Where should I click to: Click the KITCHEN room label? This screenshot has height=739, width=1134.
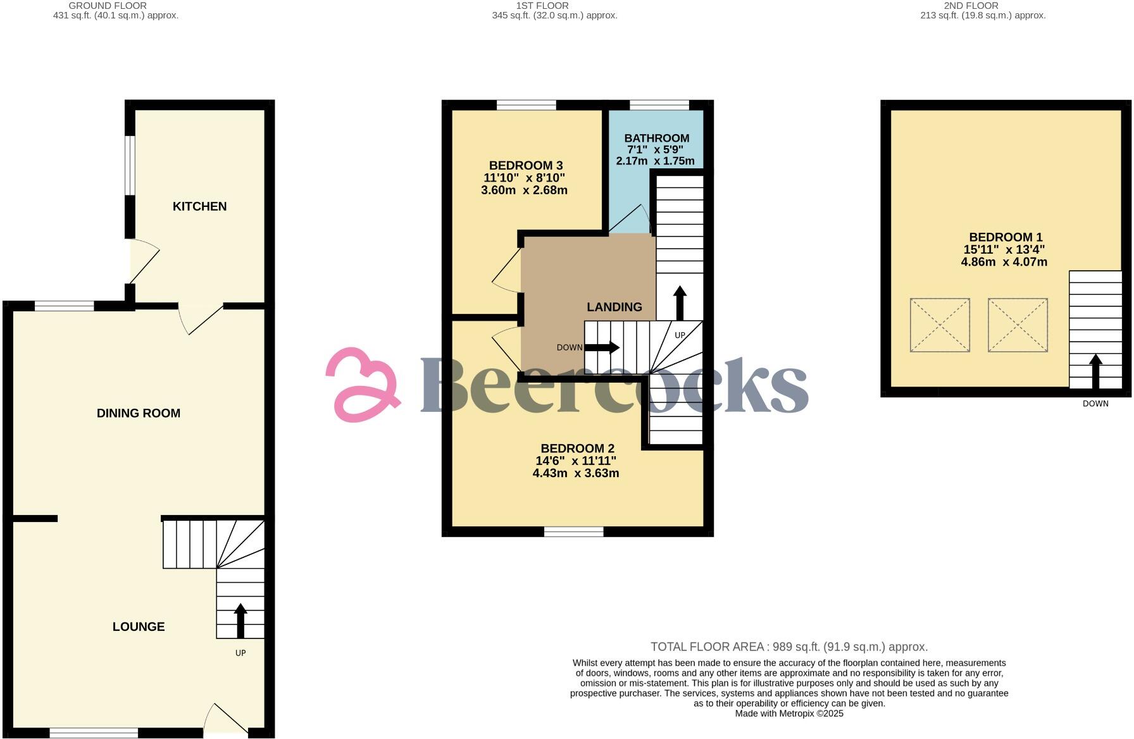tap(199, 206)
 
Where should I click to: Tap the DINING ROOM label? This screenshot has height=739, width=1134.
tap(138, 413)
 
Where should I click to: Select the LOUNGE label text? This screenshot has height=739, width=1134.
tap(139, 626)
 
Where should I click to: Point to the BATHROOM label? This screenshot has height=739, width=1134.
tap(656, 138)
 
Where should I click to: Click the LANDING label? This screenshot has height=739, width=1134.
tap(614, 307)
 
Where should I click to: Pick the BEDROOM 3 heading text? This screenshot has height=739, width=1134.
tap(525, 166)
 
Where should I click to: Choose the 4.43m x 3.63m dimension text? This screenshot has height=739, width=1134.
tap(575, 473)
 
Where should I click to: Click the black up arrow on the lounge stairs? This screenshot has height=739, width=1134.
tap(240, 620)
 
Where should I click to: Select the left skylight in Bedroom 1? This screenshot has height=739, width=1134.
tap(940, 325)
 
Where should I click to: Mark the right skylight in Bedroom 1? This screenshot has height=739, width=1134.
tap(1018, 325)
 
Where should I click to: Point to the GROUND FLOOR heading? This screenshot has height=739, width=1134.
tap(108, 6)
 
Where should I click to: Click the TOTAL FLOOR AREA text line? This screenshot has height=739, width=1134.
tap(788, 647)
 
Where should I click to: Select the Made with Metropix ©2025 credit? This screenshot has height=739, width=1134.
tap(788, 713)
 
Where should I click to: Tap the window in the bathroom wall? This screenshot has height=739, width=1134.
tap(659, 105)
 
